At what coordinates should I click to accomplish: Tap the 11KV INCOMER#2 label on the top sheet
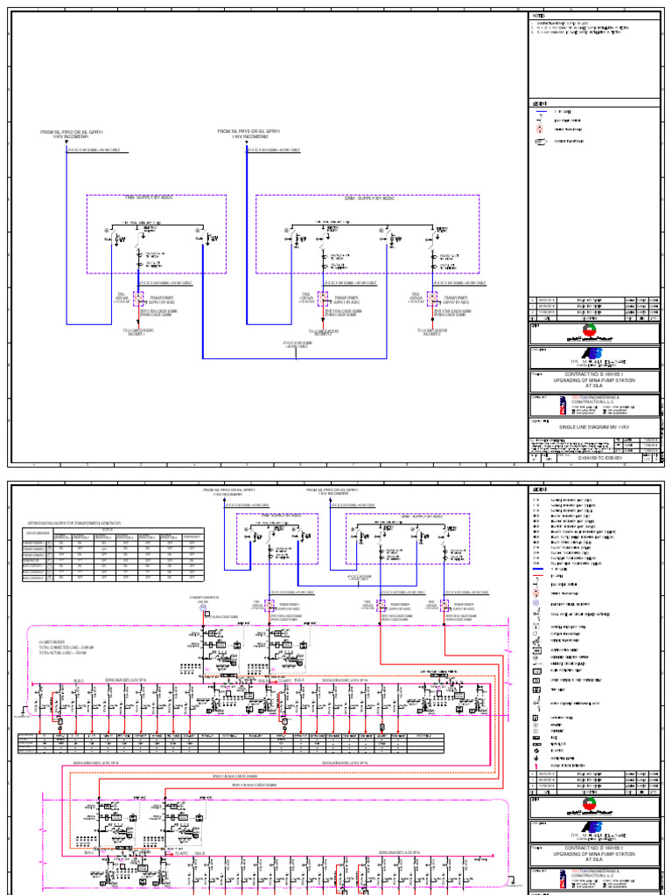[249, 136]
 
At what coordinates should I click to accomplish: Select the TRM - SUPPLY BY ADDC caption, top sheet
[156, 198]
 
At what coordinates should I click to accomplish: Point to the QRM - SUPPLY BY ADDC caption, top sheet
[368, 198]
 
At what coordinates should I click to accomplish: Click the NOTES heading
[538, 15]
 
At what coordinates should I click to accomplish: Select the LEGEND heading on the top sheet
[540, 103]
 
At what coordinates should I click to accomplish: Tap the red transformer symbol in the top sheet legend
[540, 128]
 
